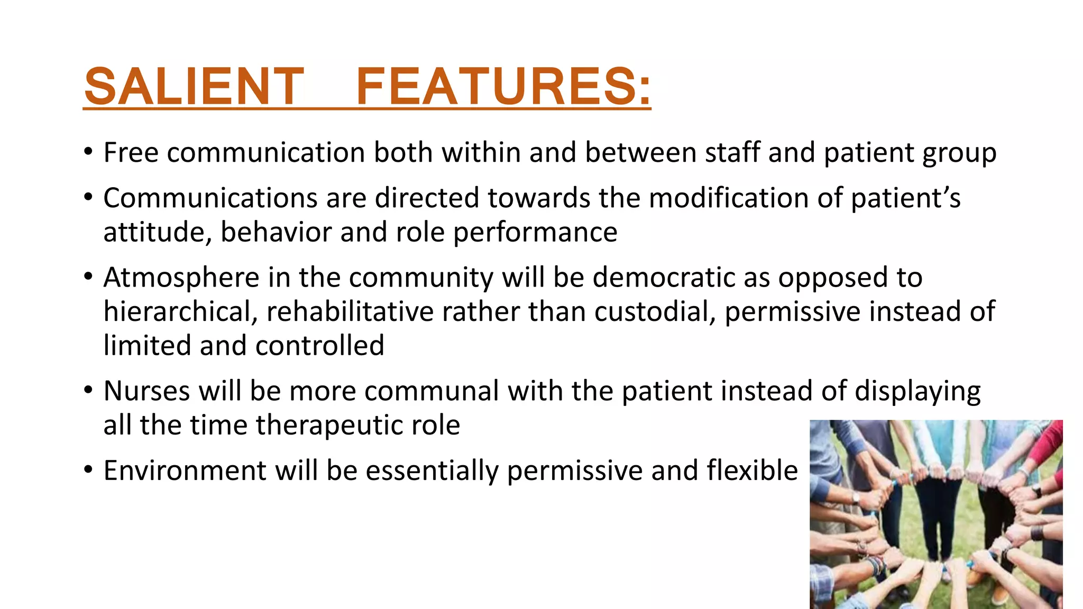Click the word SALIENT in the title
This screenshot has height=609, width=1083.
click(194, 86)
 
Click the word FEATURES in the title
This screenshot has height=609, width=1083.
click(503, 86)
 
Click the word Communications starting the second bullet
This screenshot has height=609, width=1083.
click(209, 198)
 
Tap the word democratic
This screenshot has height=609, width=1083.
click(663, 278)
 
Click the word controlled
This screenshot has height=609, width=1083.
click(319, 346)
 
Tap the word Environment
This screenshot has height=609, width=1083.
click(185, 470)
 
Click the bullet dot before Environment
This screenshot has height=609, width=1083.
click(89, 469)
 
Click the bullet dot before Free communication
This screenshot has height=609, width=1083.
click(89, 152)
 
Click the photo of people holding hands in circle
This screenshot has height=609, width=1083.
click(936, 514)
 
